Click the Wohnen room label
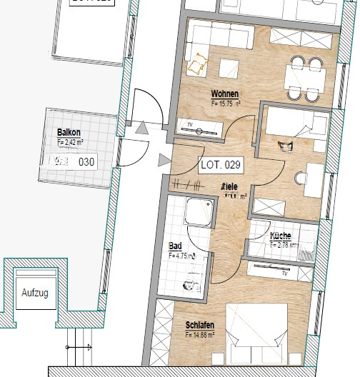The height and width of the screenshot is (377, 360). tap(224, 94)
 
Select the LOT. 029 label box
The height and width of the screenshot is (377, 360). tap(221, 165)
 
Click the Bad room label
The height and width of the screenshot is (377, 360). tap(175, 246)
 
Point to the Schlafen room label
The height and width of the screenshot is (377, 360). tap(200, 325)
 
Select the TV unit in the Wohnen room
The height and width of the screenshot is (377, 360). tap(201, 128)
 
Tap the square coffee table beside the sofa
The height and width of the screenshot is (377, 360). tap(229, 67)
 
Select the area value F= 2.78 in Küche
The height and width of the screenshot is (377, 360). tap(284, 244)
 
